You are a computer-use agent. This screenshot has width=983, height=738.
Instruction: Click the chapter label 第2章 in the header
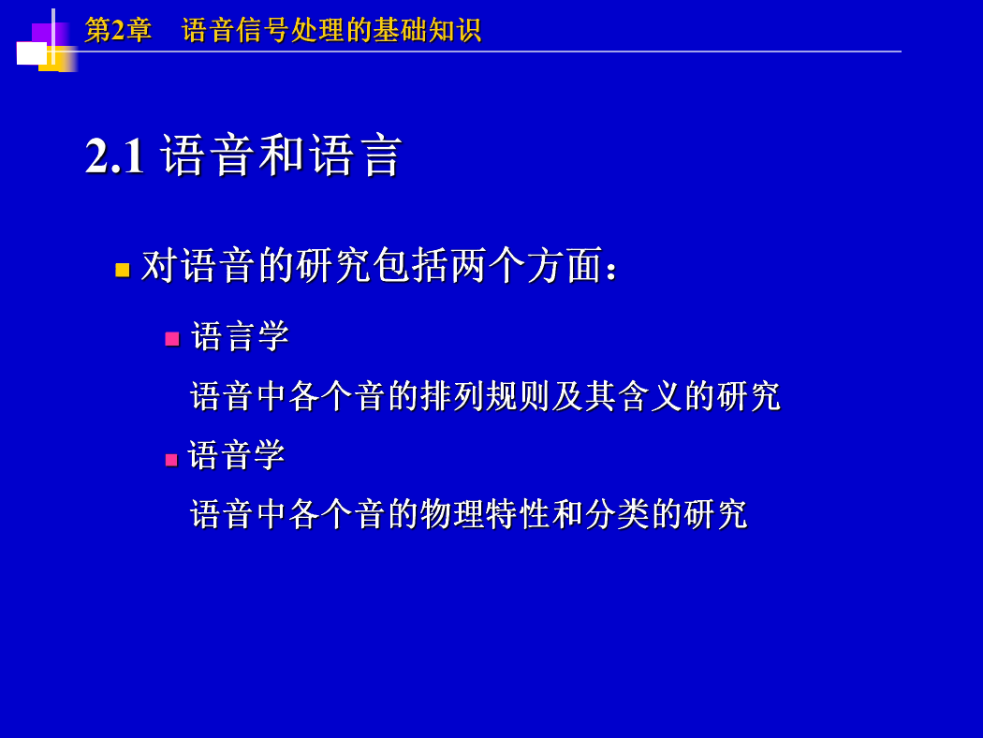118,29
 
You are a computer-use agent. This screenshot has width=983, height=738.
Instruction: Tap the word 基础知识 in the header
426,29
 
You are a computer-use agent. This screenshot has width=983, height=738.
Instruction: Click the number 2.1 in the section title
115,155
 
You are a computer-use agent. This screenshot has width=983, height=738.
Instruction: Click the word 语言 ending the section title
356,155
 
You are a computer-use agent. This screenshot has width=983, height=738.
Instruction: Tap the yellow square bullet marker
123,270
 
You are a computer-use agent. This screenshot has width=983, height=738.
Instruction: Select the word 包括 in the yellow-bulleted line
410,265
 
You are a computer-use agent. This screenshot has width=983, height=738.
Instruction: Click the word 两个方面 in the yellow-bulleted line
525,265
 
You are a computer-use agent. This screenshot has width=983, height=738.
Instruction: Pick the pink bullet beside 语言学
172,339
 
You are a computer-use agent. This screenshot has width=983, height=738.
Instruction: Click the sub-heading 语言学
240,336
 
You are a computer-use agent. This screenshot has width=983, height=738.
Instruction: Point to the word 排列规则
486,396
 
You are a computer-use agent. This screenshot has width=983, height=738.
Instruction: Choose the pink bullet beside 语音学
171,460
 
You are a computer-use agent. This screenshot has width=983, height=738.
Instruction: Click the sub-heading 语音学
236,455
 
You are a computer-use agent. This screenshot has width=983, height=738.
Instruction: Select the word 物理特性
486,514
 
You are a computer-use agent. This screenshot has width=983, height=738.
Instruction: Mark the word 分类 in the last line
618,514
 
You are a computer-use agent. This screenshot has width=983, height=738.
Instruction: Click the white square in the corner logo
31,53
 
